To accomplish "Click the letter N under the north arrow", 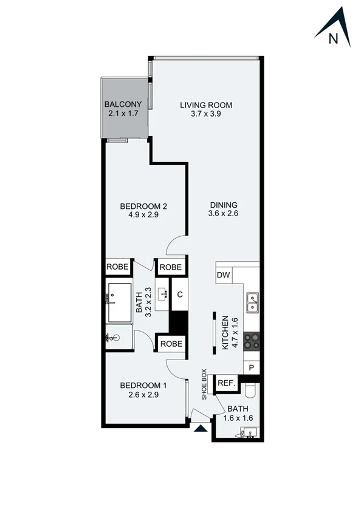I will click(x=333, y=38).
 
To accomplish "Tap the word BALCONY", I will click(x=123, y=104).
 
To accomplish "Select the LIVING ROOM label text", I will click(x=206, y=105).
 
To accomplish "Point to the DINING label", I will click(x=223, y=205).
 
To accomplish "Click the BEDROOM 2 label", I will click(x=143, y=206).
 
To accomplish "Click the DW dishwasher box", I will click(x=223, y=275).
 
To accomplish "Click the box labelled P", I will click(x=252, y=367).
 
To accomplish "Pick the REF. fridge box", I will click(x=226, y=383).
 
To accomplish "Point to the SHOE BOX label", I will click(x=205, y=384).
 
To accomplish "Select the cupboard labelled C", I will click(x=180, y=295).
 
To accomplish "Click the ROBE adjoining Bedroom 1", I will click(x=171, y=344).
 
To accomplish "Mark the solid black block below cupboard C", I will click(x=177, y=322).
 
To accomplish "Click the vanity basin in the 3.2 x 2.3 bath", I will click(x=163, y=295).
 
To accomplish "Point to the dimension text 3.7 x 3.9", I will click(x=206, y=114).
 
